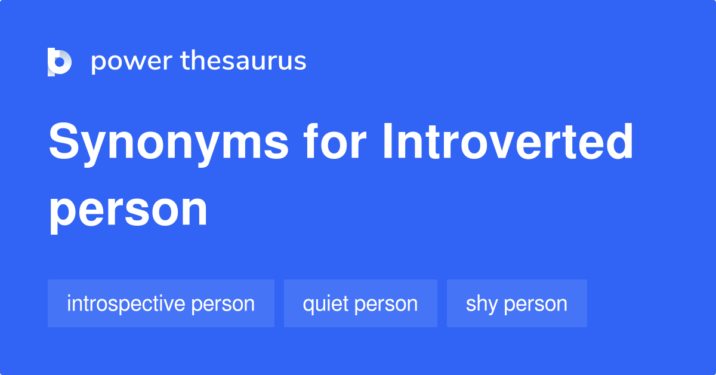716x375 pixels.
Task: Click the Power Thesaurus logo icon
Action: click(x=60, y=62)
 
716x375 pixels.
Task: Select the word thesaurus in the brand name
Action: click(x=243, y=62)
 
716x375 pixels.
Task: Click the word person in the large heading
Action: click(x=128, y=210)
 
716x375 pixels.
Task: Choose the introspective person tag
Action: click(x=161, y=303)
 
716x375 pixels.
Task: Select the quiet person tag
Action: click(x=360, y=303)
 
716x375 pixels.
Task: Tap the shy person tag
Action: click(x=517, y=303)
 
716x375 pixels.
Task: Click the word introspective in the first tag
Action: click(x=126, y=303)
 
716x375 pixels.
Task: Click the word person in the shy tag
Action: click(x=535, y=304)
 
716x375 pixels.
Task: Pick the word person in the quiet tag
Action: click(x=385, y=304)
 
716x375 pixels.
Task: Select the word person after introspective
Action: click(x=223, y=304)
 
